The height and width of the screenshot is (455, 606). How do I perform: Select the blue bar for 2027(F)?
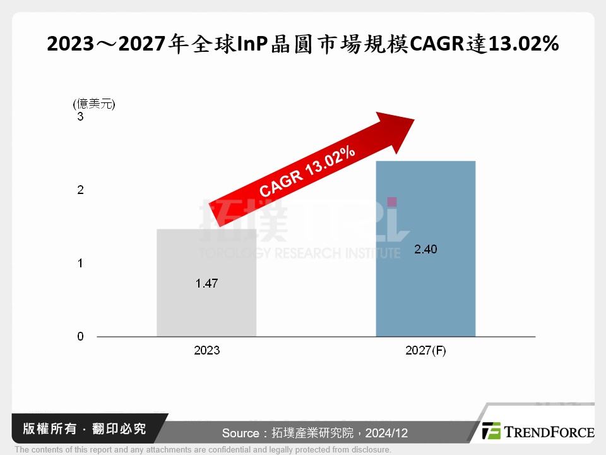425,291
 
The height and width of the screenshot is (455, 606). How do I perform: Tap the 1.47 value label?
206,284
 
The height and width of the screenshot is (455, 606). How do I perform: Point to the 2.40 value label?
425,250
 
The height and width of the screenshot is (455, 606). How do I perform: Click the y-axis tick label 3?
80,117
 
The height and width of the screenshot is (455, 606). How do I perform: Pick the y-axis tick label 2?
80,190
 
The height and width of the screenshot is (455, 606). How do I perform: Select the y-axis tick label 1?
80,264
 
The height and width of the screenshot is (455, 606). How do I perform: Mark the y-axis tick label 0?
80,337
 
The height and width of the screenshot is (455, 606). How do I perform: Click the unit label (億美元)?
94,104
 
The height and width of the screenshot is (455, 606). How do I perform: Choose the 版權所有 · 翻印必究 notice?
84,429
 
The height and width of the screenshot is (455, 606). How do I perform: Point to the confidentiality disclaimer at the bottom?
203,450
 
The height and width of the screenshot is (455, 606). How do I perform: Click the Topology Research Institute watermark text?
300,253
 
